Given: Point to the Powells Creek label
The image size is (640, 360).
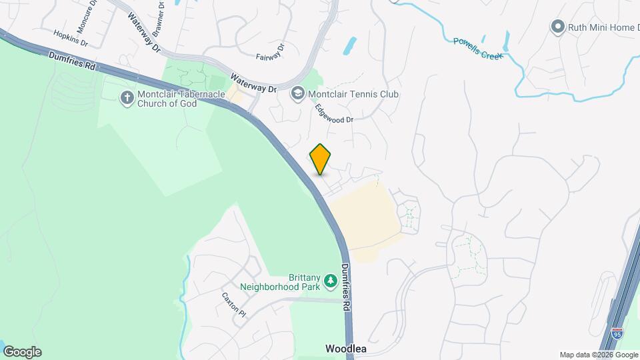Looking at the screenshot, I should (x=477, y=48).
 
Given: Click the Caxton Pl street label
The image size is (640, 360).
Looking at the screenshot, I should (x=234, y=304).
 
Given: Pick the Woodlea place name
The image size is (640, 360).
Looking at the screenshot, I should (x=346, y=349).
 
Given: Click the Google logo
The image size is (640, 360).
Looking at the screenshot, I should (x=21, y=352).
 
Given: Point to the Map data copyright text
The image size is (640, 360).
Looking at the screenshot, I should (x=598, y=355).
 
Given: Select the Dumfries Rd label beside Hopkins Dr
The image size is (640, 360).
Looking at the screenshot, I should (x=73, y=63).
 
